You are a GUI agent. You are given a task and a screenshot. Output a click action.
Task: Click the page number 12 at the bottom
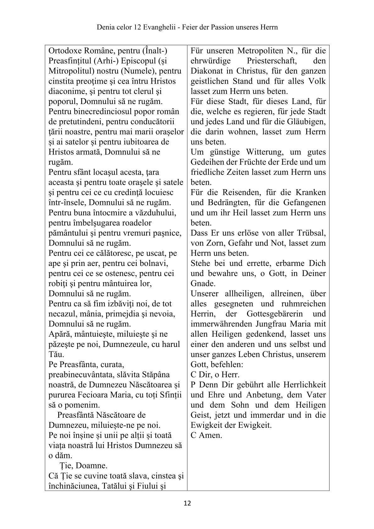187,504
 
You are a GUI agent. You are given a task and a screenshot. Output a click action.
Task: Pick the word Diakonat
206,71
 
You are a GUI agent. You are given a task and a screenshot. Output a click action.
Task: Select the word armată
88,152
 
